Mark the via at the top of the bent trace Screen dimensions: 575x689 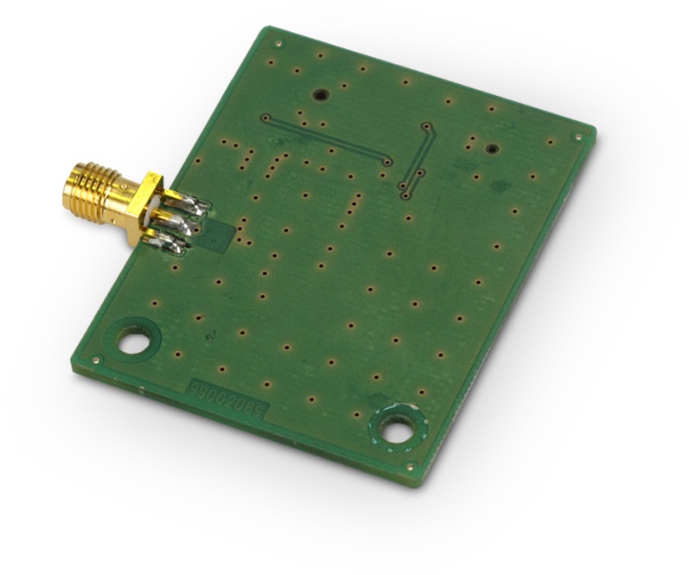(426, 125)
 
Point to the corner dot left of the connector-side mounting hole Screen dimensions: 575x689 (98, 360)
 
